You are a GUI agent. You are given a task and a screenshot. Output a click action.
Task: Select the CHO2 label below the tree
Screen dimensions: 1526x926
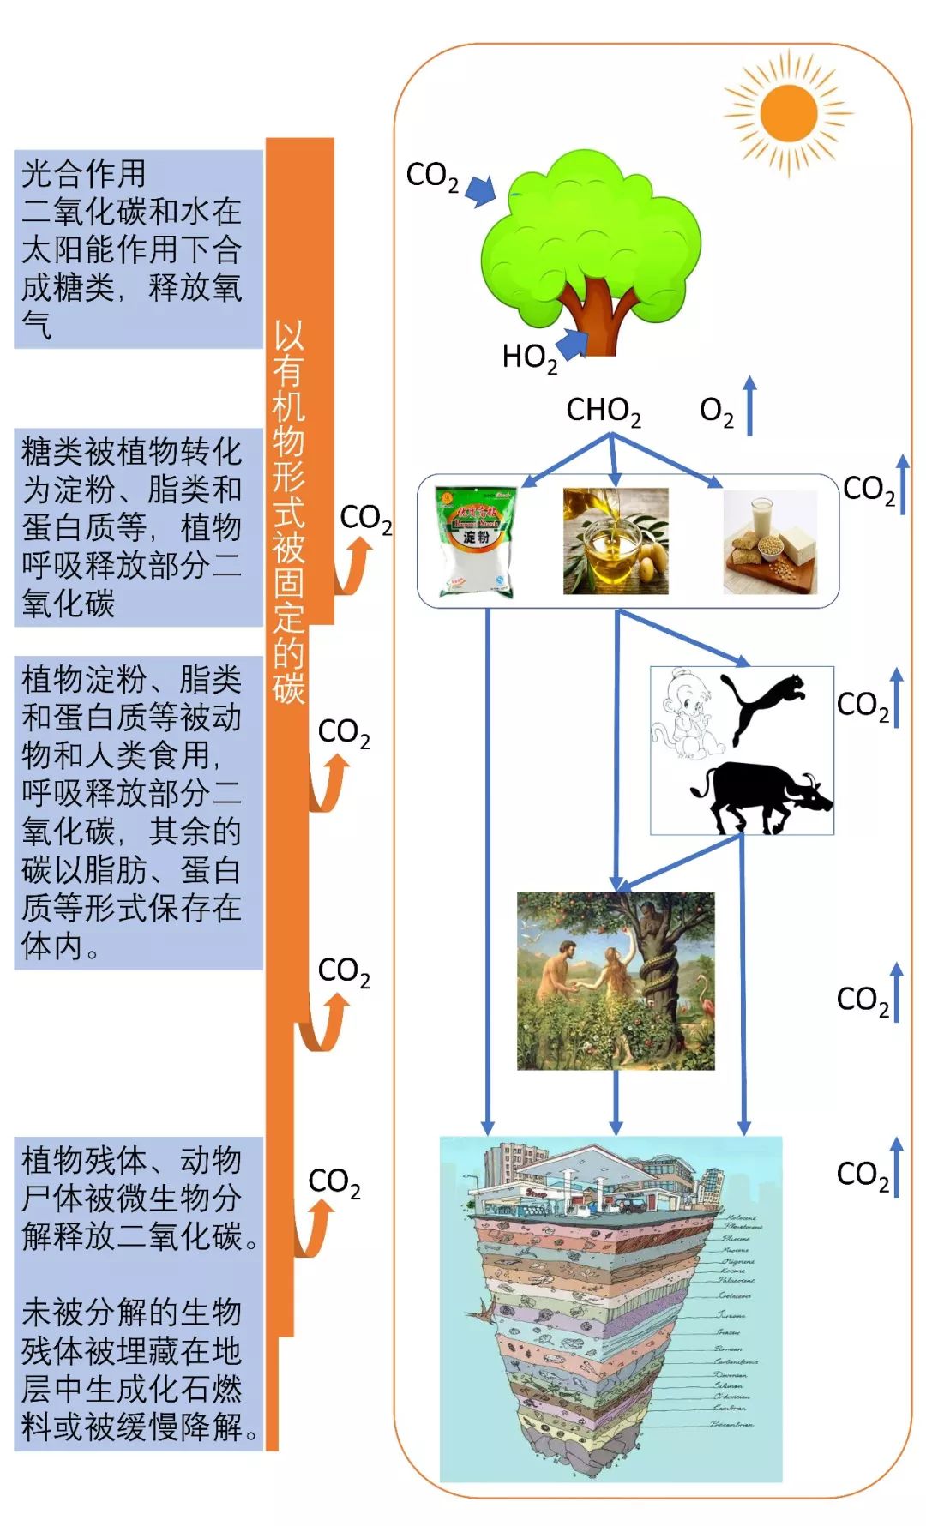tap(604, 411)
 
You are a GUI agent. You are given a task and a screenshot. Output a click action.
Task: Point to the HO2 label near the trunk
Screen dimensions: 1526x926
tap(529, 357)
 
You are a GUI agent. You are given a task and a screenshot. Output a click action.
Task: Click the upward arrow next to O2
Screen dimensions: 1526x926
tap(749, 405)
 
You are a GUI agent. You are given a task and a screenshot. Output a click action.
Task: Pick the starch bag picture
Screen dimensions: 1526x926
tap(476, 541)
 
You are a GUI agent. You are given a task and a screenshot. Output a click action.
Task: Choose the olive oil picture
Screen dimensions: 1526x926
tap(615, 541)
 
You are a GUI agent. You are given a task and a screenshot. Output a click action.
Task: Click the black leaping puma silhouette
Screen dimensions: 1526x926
tap(763, 703)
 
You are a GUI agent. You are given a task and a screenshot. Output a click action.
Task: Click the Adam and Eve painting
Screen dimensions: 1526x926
tap(615, 980)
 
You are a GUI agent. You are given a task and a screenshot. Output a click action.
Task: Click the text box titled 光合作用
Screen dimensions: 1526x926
tap(138, 249)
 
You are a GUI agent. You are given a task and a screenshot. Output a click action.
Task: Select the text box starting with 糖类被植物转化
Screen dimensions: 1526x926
tap(138, 526)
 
